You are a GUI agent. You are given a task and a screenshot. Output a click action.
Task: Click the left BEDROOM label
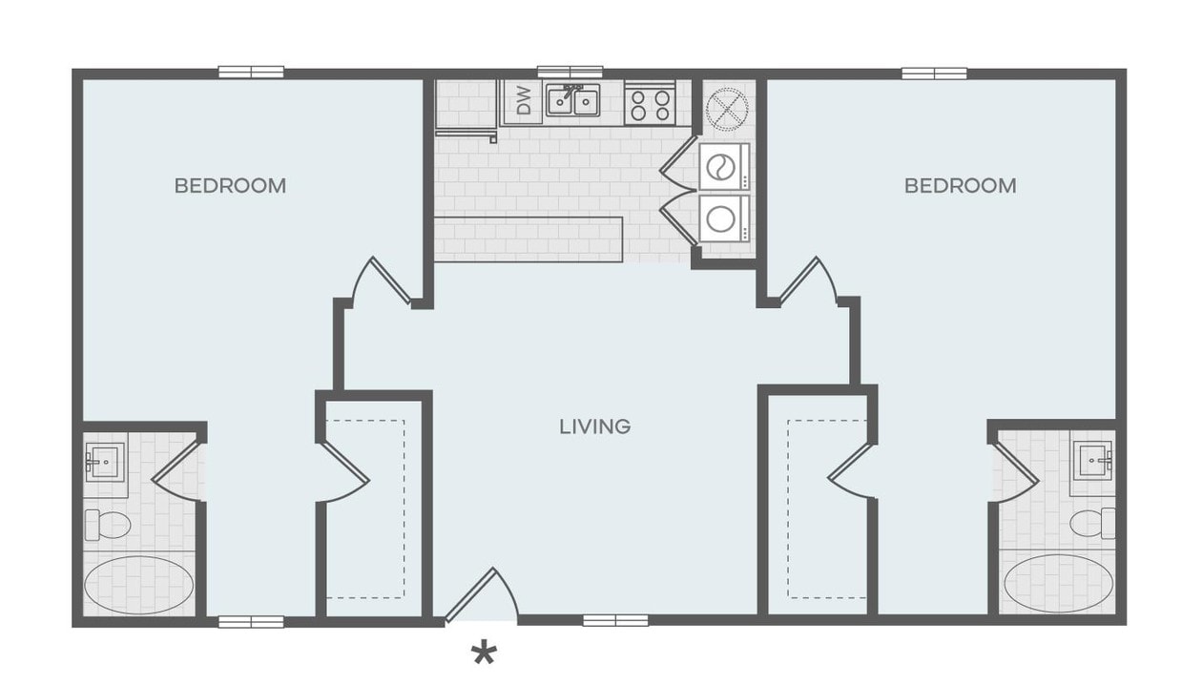tap(230, 186)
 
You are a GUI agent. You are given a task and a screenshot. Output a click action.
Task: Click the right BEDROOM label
tap(960, 186)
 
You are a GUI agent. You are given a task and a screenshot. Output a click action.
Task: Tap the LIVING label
tap(595, 426)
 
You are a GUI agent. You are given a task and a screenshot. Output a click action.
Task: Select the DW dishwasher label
tap(523, 101)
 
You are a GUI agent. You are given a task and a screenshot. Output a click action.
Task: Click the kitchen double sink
tap(572, 101)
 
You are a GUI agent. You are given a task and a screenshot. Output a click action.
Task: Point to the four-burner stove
tap(650, 103)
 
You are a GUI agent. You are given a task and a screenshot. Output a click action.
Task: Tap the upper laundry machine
tap(723, 168)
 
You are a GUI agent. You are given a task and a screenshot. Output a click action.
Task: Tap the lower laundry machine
tap(723, 218)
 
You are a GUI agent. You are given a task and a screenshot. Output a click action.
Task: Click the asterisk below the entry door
tap(485, 654)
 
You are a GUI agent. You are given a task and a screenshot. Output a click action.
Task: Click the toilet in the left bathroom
tap(107, 524)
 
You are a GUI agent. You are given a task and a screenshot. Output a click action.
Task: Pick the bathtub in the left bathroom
tap(138, 584)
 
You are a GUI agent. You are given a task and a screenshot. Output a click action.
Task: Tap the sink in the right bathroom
tap(1093, 462)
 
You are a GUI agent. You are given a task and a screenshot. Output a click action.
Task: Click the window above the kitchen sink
tap(570, 72)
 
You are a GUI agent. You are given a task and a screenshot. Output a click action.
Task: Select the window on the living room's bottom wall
tap(615, 621)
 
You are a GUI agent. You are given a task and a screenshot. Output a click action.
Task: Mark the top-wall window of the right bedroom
tap(934, 73)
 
